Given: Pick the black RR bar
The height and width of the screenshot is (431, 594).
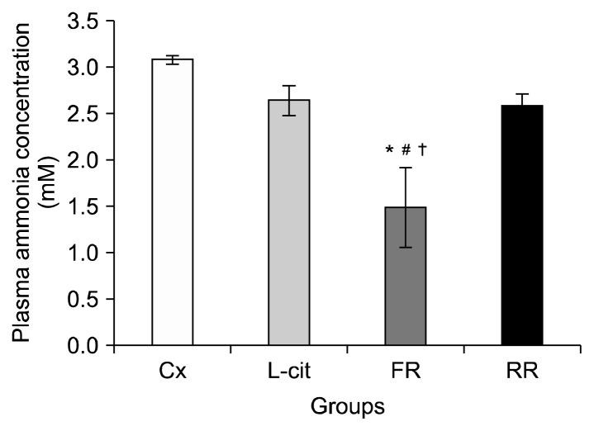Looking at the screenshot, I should point(521,225).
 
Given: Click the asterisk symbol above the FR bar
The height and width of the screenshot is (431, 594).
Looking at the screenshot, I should point(388,151).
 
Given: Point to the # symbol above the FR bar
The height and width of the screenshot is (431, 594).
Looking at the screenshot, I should point(405,151).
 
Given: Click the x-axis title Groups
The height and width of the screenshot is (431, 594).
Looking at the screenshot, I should point(347,407).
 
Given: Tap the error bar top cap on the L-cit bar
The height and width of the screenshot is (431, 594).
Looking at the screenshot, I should point(288,86).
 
